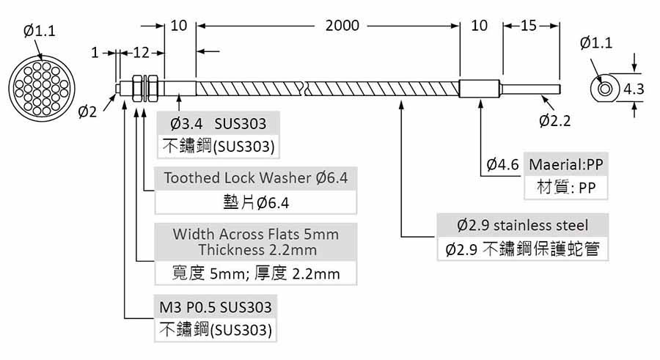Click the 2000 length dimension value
coord(342,26)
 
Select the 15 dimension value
coord(529,26)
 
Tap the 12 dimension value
coord(141,53)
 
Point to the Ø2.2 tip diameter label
coord(554,120)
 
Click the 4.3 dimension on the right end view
coord(634,89)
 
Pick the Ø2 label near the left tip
coord(87,111)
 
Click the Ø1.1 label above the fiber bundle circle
coord(39,31)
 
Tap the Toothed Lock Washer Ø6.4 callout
coord(256,177)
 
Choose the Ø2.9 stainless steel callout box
coord(522,224)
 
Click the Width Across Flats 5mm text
coord(256,235)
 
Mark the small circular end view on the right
coord(606,89)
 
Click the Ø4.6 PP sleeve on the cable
coord(479,89)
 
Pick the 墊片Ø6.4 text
coord(256,202)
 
